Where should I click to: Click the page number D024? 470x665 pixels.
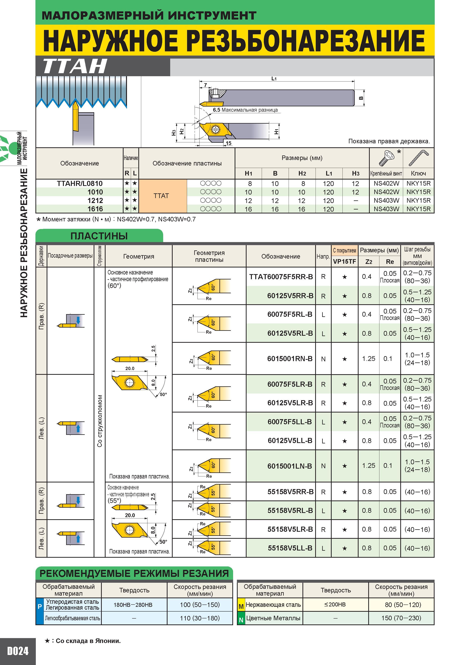[x=18, y=651]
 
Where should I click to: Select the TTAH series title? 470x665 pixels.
[x=75, y=66]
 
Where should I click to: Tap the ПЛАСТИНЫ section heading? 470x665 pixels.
[x=99, y=236]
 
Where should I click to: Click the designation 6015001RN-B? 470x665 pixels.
[x=290, y=359]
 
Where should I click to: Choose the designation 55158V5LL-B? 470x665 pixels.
[x=290, y=548]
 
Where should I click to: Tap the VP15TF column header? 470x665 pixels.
[x=344, y=262]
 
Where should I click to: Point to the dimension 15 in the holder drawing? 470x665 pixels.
[x=229, y=143]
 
